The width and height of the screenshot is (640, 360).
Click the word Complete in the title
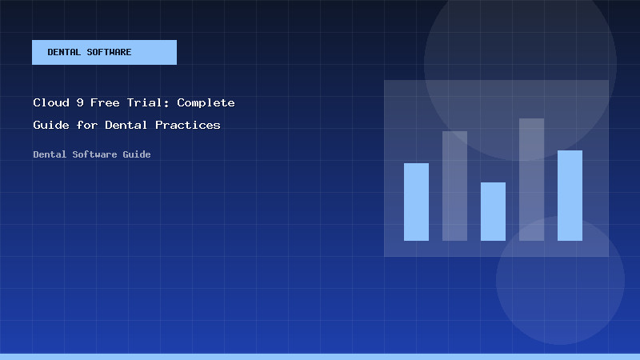(206, 103)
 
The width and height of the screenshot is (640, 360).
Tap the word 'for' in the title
(86, 126)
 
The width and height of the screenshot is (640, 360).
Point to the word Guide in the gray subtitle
(136, 154)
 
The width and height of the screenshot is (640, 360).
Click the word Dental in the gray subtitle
(50, 154)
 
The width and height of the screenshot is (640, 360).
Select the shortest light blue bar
(493, 211)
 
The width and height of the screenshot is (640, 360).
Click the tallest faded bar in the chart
(531, 179)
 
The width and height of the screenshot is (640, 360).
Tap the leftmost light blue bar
(416, 202)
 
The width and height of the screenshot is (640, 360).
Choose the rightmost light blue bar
(570, 195)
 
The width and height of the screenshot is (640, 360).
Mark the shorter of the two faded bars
(454, 186)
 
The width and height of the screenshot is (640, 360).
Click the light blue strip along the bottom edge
(320, 356)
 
